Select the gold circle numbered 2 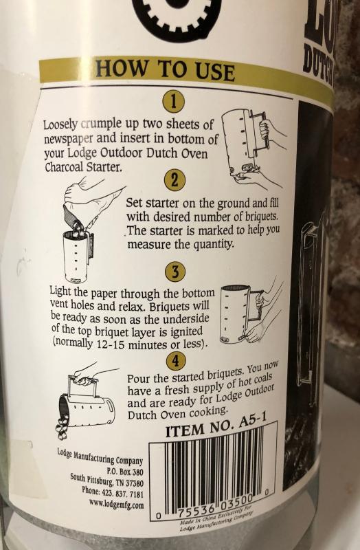pyautogui.click(x=174, y=181)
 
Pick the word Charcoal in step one pyautogui.click(x=64, y=167)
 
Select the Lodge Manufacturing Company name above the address pyautogui.click(x=100, y=456)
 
